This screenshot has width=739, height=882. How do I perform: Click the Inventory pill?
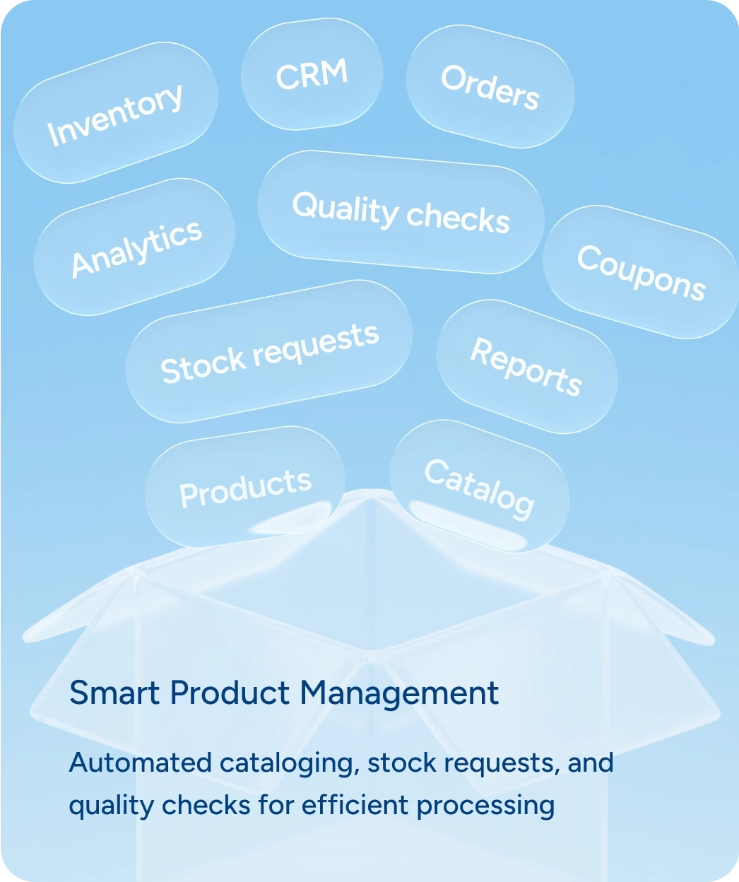pyautogui.click(x=115, y=114)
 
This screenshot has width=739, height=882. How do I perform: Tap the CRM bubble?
pyautogui.click(x=312, y=75)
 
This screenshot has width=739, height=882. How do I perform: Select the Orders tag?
pyautogui.click(x=490, y=87)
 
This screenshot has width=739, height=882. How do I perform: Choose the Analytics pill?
pyautogui.click(x=136, y=248)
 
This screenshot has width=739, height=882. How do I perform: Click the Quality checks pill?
pyautogui.click(x=401, y=212)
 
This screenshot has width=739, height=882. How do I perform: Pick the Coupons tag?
pyautogui.click(x=641, y=273)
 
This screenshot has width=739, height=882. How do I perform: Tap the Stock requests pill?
pyautogui.click(x=269, y=353)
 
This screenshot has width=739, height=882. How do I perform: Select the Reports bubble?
pyautogui.click(x=526, y=366)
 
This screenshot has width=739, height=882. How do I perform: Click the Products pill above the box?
pyautogui.click(x=245, y=487)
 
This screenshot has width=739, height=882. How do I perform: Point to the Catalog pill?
pyautogui.click(x=479, y=487)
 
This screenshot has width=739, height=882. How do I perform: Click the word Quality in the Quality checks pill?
pyautogui.click(x=345, y=208)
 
